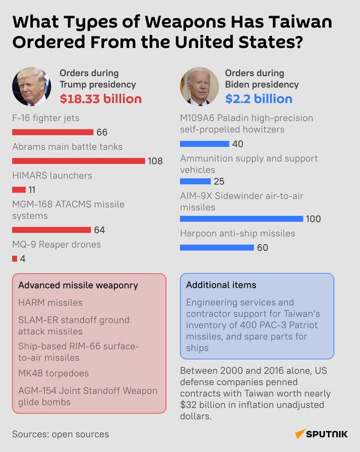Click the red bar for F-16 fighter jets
53,132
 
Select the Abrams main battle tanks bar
79,161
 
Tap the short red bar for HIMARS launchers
19,189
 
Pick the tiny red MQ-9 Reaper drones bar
14,258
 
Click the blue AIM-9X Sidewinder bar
241,219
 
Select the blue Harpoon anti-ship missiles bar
217,248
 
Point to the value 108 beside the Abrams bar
155,161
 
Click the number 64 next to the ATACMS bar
100,230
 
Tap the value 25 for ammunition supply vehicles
219,181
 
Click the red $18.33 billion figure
101,98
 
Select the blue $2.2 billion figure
259,98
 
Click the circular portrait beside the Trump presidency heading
32,86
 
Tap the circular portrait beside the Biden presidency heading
200,86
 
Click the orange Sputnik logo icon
300,434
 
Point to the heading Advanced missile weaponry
78,285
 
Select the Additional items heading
221,285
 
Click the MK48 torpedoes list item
53,373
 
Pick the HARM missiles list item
50,303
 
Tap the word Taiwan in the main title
300,22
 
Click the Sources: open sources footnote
61,434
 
